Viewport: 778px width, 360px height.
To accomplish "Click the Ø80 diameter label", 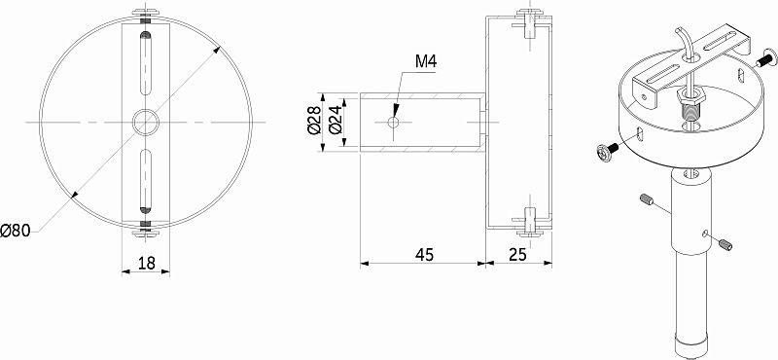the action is [16, 231].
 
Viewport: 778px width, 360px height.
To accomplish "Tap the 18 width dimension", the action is [147, 263].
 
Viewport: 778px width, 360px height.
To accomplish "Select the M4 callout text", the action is [426, 61].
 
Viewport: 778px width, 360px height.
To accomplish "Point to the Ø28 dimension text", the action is [313, 121].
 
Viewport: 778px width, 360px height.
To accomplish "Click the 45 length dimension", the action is [424, 254].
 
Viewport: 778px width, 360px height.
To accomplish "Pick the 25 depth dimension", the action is [518, 254].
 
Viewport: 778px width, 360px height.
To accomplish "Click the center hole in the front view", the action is [145, 122].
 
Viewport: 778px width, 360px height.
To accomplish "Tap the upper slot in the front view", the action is [145, 63].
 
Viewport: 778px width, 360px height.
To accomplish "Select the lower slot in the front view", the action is [145, 181].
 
